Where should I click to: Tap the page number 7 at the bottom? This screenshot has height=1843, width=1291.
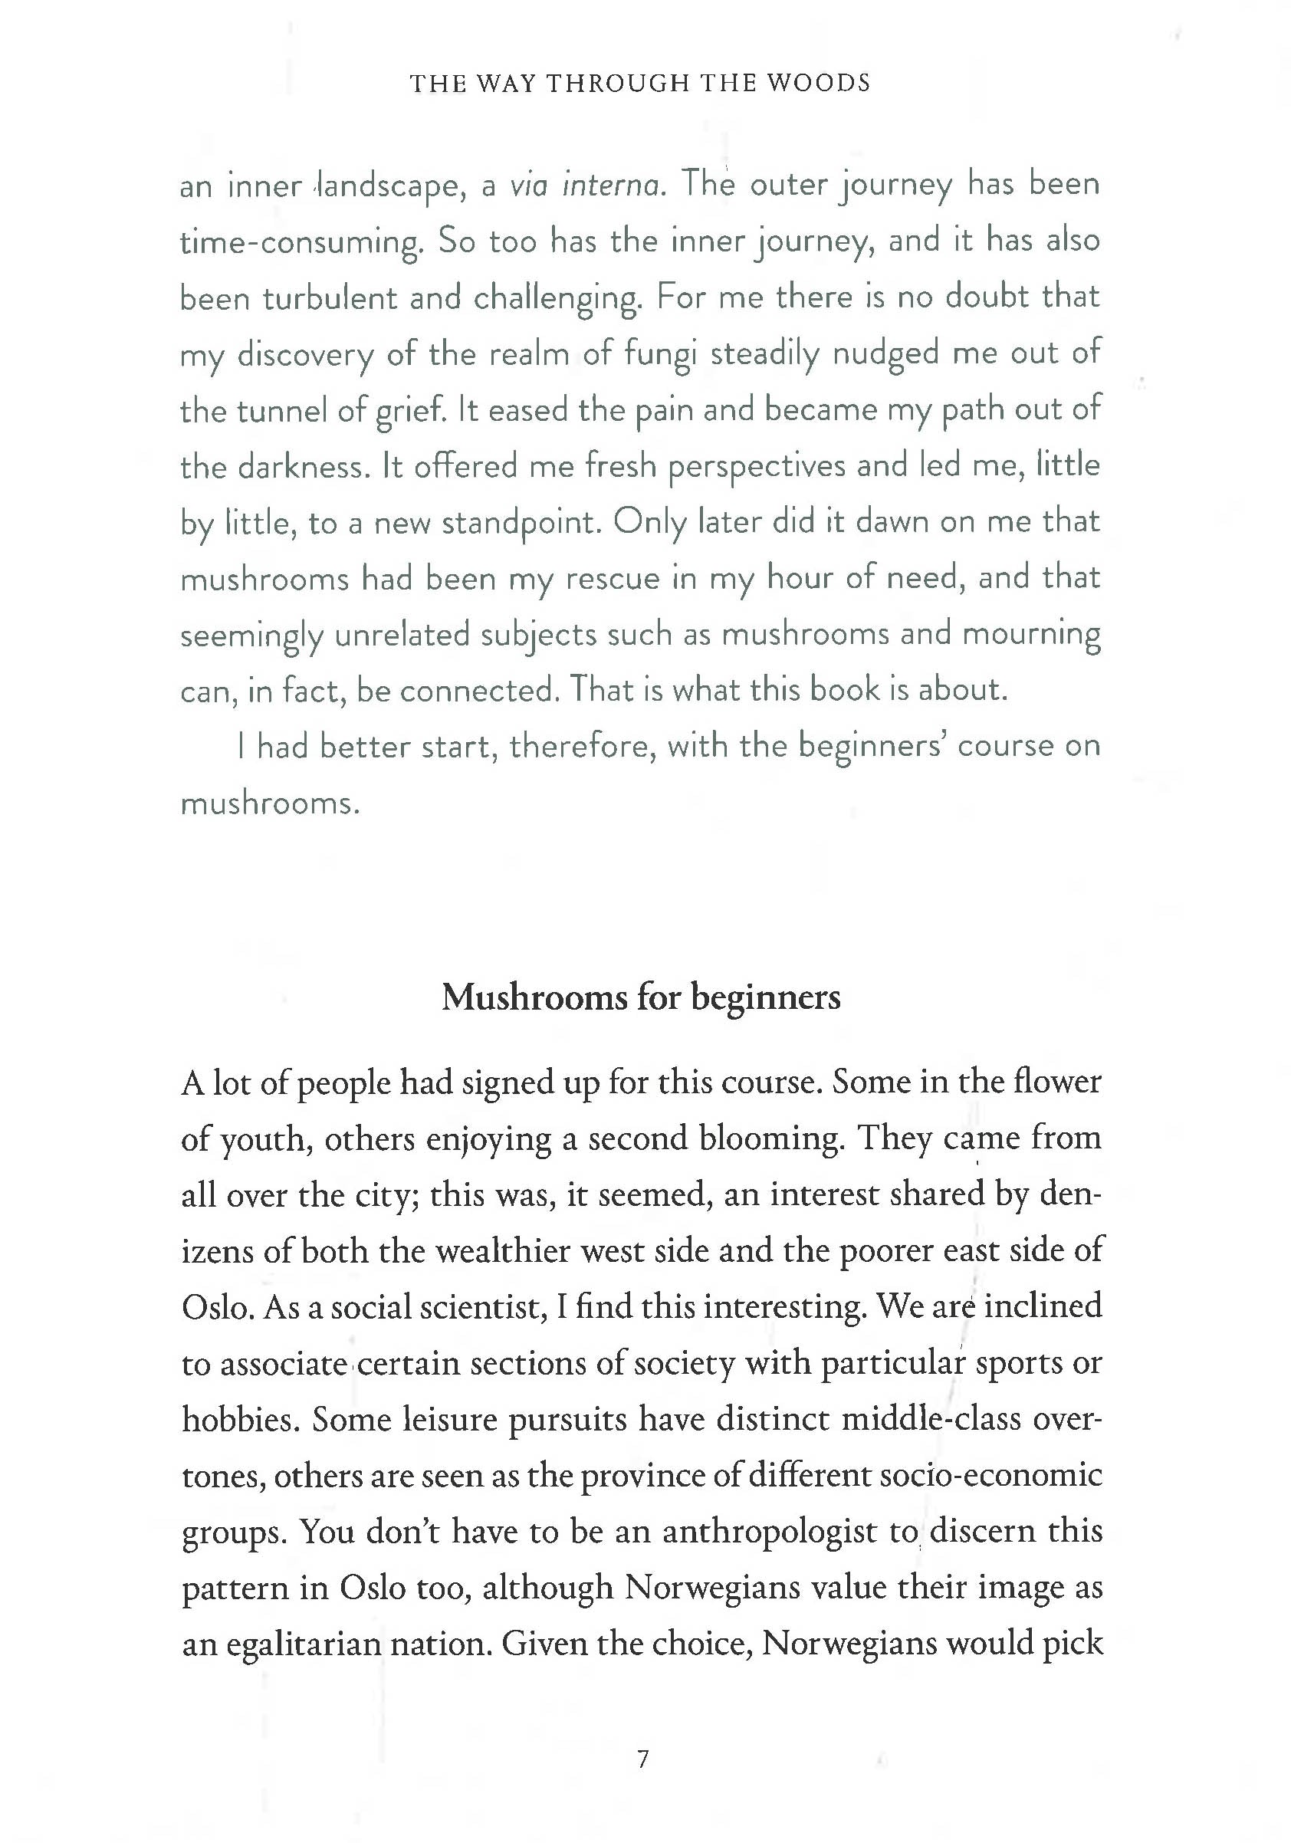click(642, 1759)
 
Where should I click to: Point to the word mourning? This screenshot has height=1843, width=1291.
click(1031, 636)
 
